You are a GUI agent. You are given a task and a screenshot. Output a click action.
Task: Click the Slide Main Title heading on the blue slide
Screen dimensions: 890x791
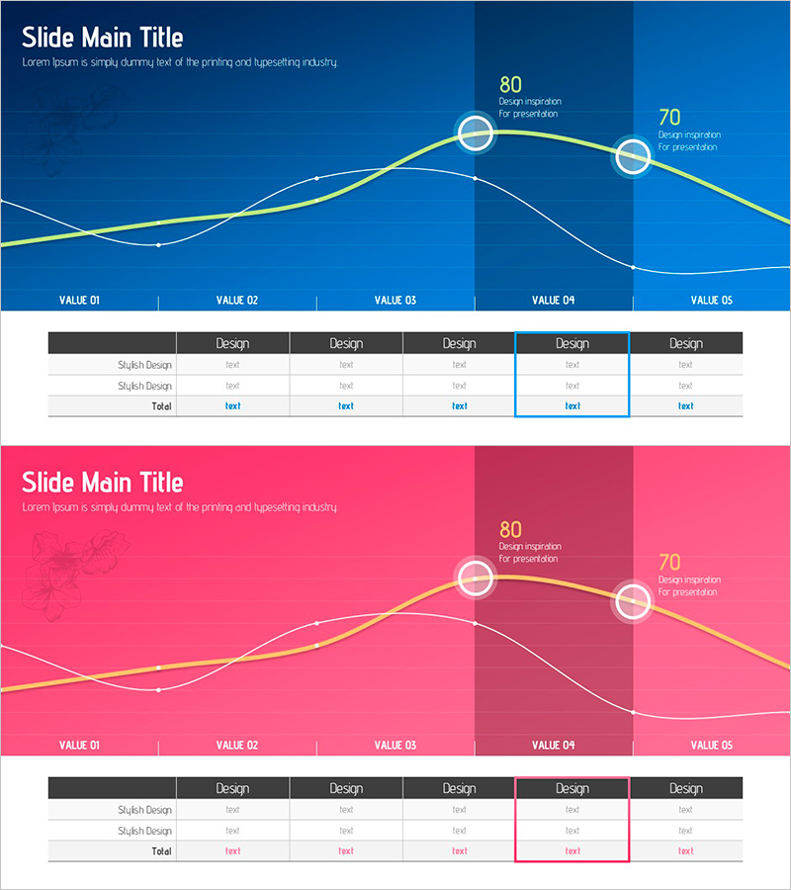(102, 38)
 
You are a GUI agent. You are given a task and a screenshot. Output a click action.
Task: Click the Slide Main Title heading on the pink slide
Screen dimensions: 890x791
(102, 483)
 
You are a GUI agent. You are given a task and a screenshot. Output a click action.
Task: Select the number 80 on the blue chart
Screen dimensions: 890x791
(510, 84)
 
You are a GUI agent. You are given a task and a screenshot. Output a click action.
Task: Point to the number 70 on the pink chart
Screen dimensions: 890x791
(669, 562)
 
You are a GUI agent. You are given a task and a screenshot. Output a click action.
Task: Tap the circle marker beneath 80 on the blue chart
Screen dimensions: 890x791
(476, 132)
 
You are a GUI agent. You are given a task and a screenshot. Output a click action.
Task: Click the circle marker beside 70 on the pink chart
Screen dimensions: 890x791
(633, 600)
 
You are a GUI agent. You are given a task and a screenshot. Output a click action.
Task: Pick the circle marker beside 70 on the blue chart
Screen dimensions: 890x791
(633, 155)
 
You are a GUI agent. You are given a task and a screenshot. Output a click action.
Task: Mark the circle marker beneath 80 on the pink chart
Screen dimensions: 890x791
(476, 577)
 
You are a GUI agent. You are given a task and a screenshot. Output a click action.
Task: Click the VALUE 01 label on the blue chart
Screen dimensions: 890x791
(79, 300)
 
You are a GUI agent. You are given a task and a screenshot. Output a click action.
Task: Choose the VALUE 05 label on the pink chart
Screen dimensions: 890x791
(712, 745)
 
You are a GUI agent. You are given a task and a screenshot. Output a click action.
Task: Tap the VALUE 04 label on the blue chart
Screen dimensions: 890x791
(553, 300)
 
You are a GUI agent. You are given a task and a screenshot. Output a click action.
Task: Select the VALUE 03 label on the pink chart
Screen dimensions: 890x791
(395, 745)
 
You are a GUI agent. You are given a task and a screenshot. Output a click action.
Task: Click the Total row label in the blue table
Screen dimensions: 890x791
(161, 405)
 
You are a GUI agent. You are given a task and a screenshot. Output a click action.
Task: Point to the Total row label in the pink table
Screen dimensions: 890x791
(161, 850)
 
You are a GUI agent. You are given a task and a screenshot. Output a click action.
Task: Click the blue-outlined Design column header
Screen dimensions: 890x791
(572, 343)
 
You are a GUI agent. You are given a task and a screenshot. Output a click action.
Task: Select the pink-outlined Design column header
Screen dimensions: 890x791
(572, 788)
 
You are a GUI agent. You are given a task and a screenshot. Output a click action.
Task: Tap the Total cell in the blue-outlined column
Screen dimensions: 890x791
(572, 405)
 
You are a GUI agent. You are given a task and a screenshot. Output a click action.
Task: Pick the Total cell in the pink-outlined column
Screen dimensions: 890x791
(572, 850)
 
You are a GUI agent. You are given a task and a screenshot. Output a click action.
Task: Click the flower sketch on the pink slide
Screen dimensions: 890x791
(74, 564)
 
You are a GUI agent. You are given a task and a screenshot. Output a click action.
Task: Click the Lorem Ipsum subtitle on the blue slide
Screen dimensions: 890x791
(180, 62)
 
